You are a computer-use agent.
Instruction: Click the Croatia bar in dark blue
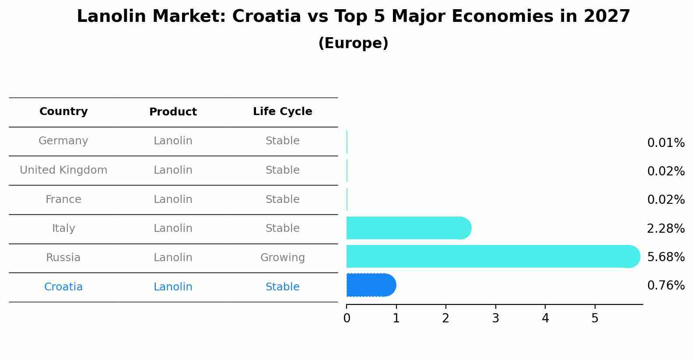coord(371,285)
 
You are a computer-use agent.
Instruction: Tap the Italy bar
coord(408,228)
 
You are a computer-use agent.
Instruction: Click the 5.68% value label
coord(666,257)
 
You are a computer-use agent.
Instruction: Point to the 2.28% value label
coord(666,228)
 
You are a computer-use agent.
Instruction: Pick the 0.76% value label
coord(666,286)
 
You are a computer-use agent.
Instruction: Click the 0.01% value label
coord(666,143)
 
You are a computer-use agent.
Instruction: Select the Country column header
coord(63,112)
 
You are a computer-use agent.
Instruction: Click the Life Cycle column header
coord(282,112)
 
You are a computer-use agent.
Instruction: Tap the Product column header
coord(173,112)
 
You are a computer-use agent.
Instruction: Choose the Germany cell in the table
coord(63,141)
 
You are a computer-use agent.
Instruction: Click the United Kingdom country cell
coord(63,170)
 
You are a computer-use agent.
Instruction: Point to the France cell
coord(63,199)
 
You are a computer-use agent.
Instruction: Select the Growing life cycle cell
coord(282,258)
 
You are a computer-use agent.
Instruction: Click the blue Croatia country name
coord(63,287)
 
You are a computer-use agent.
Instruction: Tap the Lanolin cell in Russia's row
coord(173,258)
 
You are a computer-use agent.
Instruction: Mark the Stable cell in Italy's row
coord(282,228)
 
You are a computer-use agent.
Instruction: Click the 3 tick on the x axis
coord(495,318)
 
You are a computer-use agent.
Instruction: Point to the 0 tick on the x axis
coord(347,318)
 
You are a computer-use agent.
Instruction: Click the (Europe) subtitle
coord(353,43)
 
